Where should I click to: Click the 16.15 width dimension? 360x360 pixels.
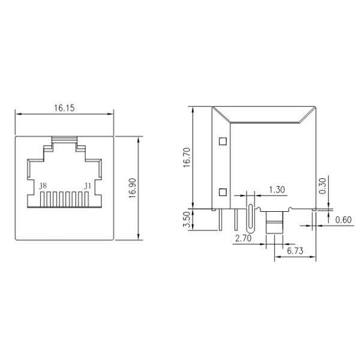64,108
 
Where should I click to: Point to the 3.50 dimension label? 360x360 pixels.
186,220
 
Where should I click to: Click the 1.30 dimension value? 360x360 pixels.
277,190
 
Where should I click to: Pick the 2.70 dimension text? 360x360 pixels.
242,238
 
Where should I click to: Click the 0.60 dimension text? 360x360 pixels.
343,220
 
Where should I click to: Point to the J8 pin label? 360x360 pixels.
43,186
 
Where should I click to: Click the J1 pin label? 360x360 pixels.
88,186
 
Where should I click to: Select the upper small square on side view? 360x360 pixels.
223,142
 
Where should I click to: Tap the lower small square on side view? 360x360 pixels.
223,192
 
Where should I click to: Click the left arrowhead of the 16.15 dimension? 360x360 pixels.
17,115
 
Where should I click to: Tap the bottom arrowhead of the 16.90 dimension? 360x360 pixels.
140,237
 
